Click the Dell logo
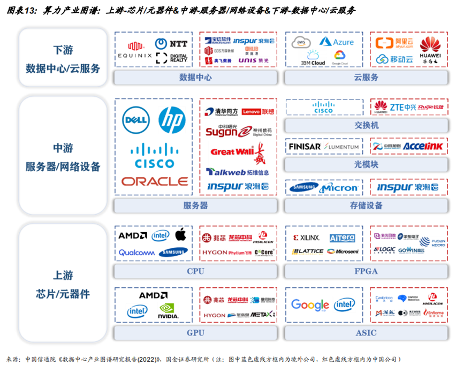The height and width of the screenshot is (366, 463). pos(135,120)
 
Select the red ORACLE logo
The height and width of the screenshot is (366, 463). pos(154,181)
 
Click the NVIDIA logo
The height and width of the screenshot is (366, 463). pos(168,311)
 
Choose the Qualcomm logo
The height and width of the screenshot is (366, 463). pos(136,253)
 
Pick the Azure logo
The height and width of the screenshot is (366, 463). pos(337,42)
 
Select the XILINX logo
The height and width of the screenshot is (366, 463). pos(306,238)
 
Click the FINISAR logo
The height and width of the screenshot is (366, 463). pos(305,147)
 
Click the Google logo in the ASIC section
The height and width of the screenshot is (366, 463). pos(310,305)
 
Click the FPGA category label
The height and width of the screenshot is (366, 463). pos(366,271)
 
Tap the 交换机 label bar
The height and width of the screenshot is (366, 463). pos(366,125)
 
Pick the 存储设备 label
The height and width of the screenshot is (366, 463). pos(366,205)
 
